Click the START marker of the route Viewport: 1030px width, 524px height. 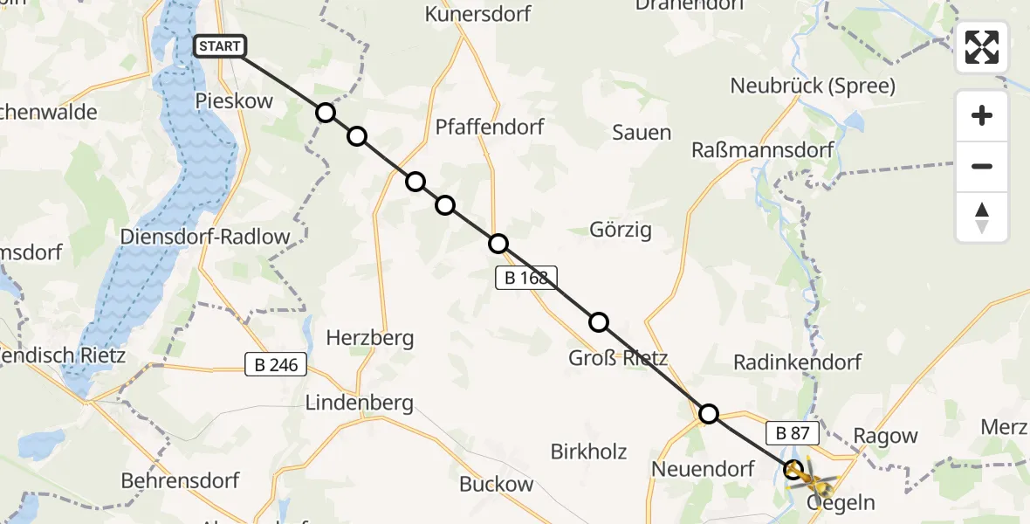click(220, 46)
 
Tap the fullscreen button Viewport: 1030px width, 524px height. click(982, 47)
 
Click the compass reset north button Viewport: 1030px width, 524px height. click(982, 217)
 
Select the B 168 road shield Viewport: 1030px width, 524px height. click(525, 279)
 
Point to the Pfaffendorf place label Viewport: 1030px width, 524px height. click(490, 128)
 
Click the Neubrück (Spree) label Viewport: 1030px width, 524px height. click(813, 86)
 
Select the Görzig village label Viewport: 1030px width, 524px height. click(621, 231)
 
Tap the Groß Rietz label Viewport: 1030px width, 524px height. click(618, 358)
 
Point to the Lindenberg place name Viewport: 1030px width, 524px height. click(359, 403)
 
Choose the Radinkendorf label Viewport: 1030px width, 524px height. click(797, 362)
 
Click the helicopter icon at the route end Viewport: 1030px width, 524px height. click(810, 476)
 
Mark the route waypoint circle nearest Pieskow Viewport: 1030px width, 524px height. click(326, 113)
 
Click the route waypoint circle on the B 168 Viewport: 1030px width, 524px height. click(498, 244)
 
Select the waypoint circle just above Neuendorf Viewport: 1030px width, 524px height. click(709, 413)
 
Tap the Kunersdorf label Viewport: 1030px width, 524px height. click(477, 14)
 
